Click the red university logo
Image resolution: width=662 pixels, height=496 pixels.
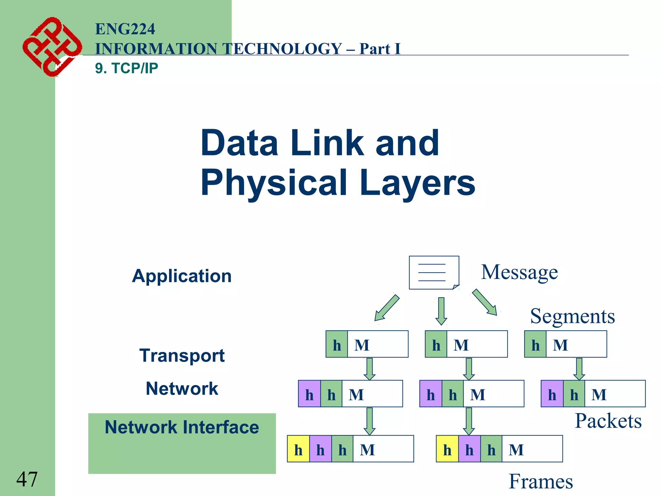(x=52, y=47)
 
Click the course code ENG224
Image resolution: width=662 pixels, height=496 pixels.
(x=125, y=29)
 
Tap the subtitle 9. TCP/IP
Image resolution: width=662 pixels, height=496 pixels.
(x=126, y=68)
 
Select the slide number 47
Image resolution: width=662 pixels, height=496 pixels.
(x=27, y=479)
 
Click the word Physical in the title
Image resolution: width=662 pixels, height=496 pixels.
(x=273, y=182)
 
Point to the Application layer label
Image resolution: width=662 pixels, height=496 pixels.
(x=182, y=276)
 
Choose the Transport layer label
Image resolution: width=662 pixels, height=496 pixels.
(x=182, y=356)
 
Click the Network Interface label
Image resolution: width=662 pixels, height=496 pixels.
(x=182, y=427)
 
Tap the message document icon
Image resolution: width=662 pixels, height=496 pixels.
(x=434, y=273)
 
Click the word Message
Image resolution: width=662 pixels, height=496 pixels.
(x=519, y=272)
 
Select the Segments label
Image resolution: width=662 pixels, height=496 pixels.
(x=572, y=316)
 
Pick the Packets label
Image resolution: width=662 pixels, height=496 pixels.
(x=608, y=421)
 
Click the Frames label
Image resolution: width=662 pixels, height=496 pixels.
(x=541, y=481)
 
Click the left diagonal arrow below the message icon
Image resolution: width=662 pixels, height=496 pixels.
(x=387, y=308)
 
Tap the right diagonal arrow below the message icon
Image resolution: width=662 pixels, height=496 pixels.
(x=485, y=302)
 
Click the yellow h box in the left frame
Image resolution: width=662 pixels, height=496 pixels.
(x=298, y=449)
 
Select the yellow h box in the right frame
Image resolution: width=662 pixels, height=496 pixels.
(x=447, y=449)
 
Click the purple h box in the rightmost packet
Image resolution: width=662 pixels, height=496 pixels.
(x=552, y=394)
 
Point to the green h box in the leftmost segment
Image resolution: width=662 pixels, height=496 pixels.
(x=337, y=345)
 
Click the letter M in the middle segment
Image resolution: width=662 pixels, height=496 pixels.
(x=461, y=345)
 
